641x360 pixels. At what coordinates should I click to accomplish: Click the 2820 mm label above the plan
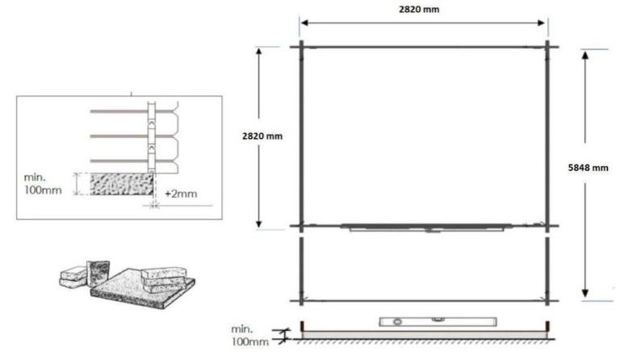[x=424, y=10]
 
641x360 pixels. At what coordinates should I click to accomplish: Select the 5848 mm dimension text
[x=589, y=168]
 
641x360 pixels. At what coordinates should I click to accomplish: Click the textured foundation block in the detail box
[x=121, y=184]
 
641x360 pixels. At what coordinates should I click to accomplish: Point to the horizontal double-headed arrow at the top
[x=424, y=23]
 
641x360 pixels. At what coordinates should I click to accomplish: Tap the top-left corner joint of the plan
[x=302, y=46]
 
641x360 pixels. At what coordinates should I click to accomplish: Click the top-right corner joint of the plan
[x=547, y=46]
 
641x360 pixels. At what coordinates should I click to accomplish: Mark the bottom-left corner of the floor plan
[x=302, y=301]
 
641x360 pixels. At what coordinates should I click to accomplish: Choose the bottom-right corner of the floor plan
[x=547, y=301]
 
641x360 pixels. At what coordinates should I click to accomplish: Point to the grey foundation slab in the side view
[x=424, y=332]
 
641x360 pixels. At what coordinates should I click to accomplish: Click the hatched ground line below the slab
[x=424, y=340]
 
